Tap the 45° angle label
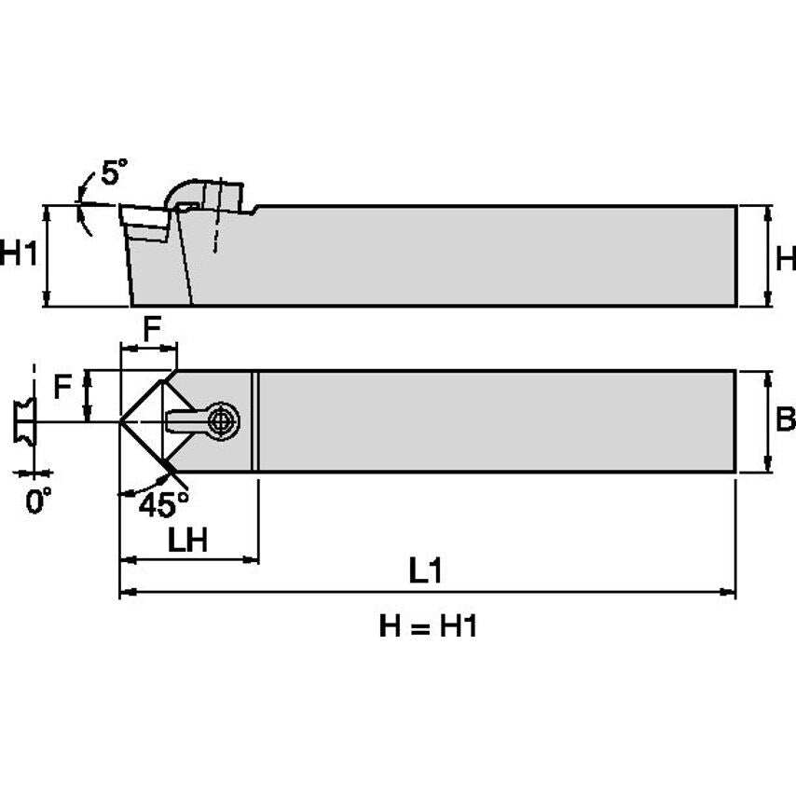pos(163,504)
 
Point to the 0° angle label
pos(37,502)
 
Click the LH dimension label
pos(187,542)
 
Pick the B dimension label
pos(784,421)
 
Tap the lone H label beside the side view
pos(785,256)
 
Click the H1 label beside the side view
pos(19,254)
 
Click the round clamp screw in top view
pos(222,420)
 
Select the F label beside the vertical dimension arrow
pos(62,386)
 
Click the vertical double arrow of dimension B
pos(767,422)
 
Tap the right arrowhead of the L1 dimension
pos(729,591)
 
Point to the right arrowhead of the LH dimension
pos(251,560)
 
